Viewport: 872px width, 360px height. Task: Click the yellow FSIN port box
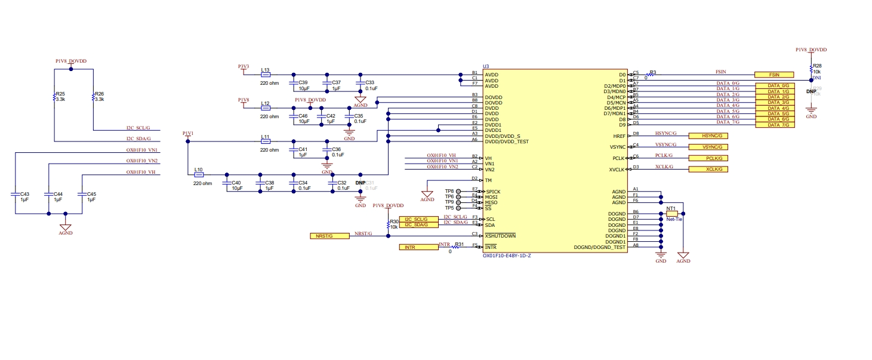tap(774, 75)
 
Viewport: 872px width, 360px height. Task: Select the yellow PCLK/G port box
tap(708, 158)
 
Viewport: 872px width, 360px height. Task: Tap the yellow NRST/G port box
tap(329, 236)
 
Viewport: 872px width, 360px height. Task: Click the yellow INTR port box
tap(418, 247)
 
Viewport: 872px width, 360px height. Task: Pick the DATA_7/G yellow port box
tap(774, 125)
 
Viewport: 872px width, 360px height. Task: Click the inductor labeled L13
tap(266, 75)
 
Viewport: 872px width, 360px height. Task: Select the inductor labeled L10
tap(199, 175)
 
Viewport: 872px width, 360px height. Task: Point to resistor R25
tap(54, 97)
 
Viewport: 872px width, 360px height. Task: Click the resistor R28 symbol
tap(811, 69)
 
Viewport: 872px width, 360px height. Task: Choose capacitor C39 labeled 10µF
tap(293, 83)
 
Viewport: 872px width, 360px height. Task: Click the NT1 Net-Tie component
tap(671, 213)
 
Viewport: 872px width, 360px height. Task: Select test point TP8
tap(458, 191)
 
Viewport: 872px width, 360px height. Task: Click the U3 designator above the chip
tap(486, 66)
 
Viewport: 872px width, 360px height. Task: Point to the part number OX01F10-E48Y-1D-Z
tap(507, 256)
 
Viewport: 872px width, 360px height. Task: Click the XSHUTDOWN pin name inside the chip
tap(500, 236)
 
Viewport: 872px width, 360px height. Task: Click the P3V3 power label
tap(244, 67)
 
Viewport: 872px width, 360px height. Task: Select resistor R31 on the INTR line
tap(459, 247)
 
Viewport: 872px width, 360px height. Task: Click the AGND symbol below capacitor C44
tap(66, 227)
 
